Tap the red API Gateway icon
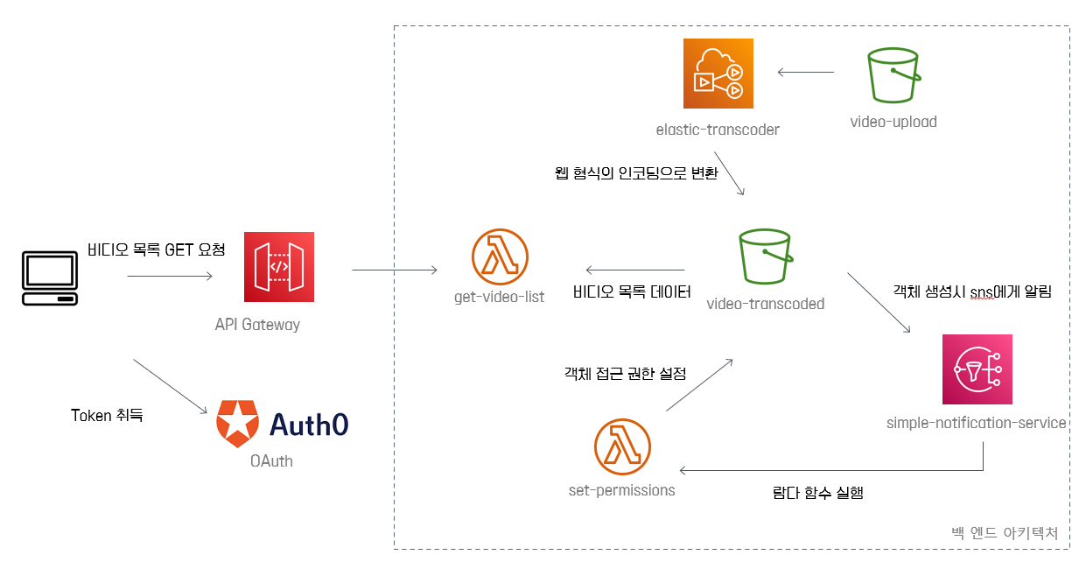279,266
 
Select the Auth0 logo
283,424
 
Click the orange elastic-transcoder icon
718,74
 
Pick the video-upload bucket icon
893,76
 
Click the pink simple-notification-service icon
977,369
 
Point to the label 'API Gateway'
257,325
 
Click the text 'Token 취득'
107,415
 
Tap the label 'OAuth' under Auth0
271,460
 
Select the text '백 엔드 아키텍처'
1004,532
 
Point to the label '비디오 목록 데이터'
632,292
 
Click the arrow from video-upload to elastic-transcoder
809,74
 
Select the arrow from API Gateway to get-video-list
395,270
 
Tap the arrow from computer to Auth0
170,386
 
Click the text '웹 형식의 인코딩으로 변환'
636,173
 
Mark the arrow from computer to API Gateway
170,277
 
